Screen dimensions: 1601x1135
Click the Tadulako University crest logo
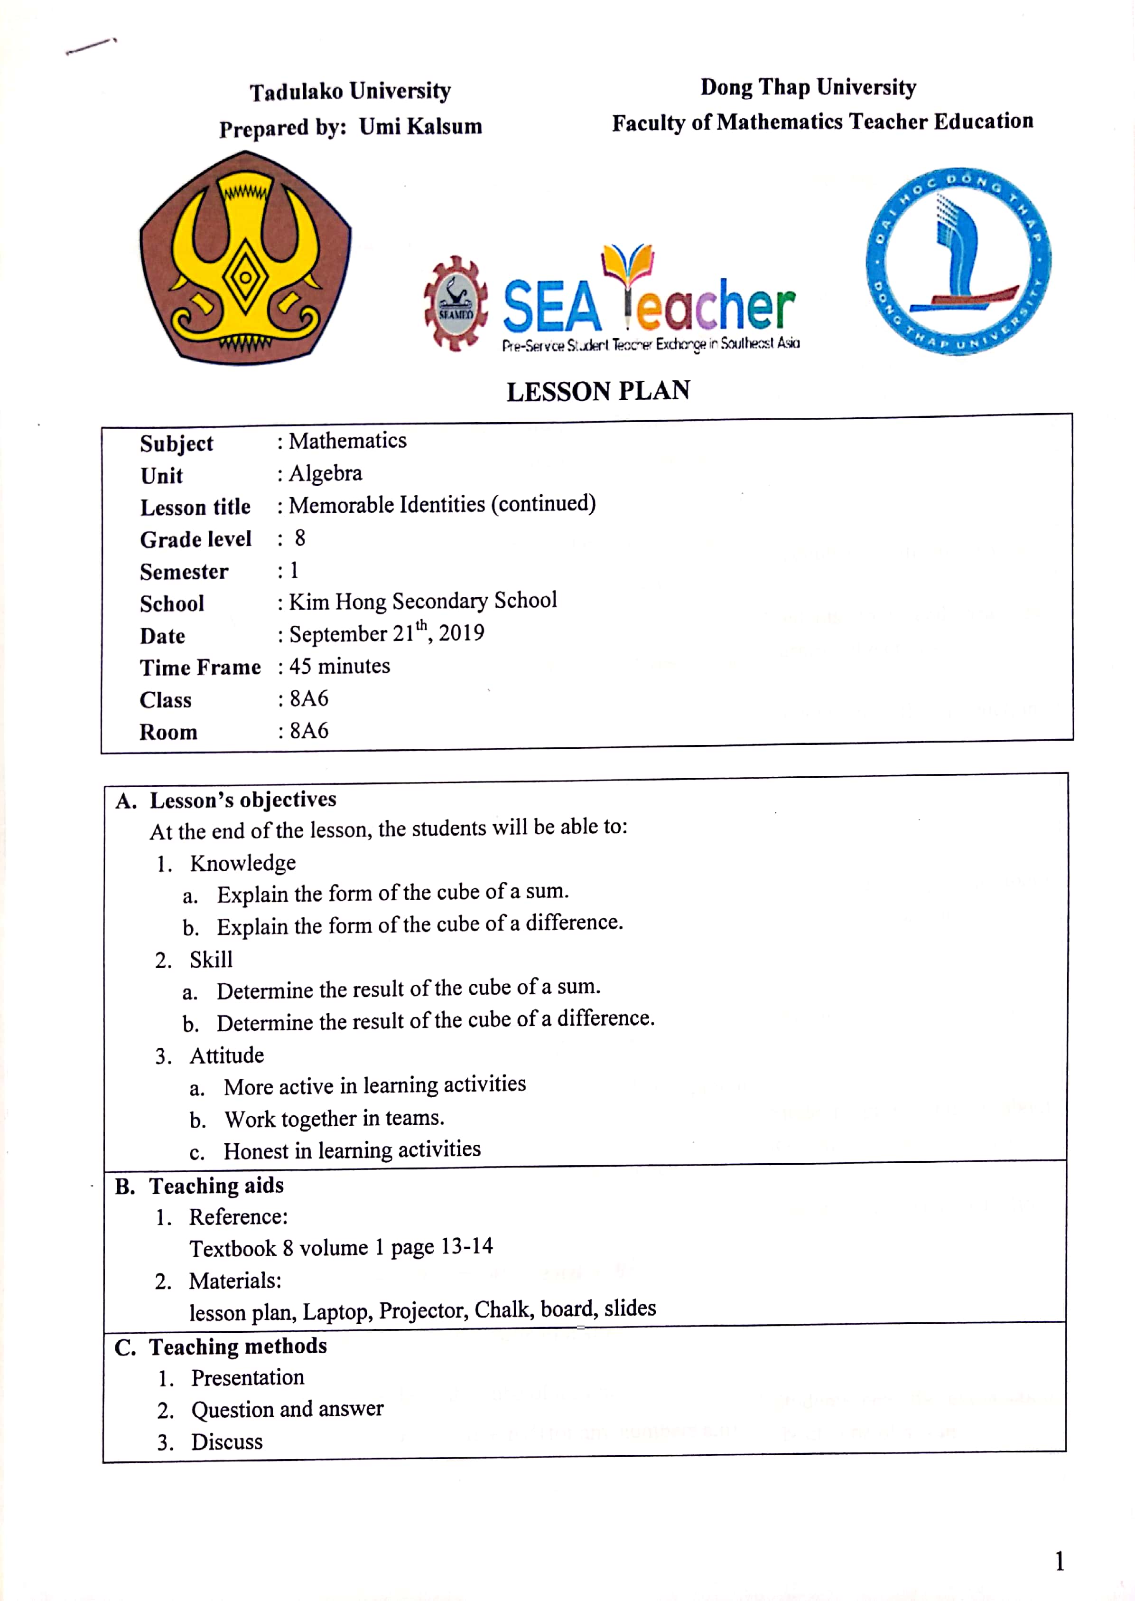[245, 259]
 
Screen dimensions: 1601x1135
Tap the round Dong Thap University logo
[958, 261]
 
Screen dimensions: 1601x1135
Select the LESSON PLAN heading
[598, 392]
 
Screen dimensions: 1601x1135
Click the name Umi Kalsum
[421, 127]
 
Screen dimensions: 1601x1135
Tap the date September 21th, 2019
[387, 633]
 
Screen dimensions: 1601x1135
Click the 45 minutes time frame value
[340, 666]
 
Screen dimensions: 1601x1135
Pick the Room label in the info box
[168, 732]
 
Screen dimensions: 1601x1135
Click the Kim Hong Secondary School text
[423, 601]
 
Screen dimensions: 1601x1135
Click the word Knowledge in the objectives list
[242, 864]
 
